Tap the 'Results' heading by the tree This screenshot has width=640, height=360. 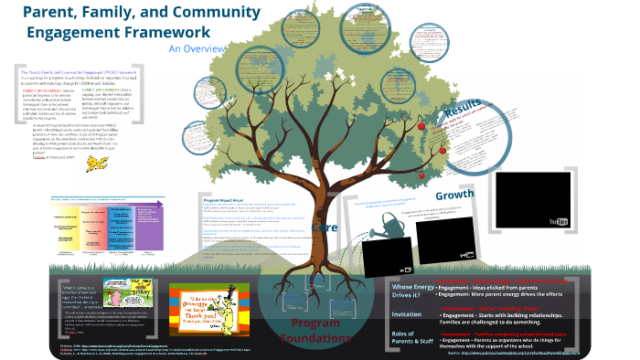point(463,113)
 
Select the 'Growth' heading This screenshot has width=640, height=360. point(454,196)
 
